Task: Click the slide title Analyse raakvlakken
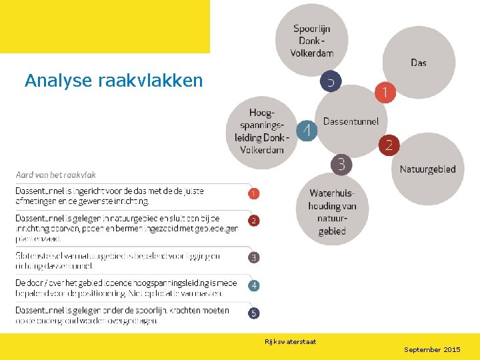point(113,81)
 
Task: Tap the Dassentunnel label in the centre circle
point(351,121)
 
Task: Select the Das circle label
point(419,63)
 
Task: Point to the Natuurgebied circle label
point(427,169)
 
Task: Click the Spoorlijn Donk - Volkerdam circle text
point(312,41)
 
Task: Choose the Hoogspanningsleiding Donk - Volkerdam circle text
point(262,131)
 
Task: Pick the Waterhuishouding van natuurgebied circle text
point(332,212)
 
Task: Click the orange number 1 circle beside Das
point(385,92)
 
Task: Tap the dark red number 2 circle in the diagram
point(389,145)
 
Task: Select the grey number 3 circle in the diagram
point(341,164)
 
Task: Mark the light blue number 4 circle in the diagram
point(306,130)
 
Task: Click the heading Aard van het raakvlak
point(56,175)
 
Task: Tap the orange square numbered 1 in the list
point(254,193)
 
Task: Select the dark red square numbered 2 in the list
point(254,220)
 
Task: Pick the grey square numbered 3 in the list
point(254,257)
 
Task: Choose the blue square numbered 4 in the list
point(254,285)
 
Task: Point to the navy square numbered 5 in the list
point(254,313)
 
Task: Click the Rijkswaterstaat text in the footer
point(291,342)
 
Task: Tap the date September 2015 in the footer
point(432,349)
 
